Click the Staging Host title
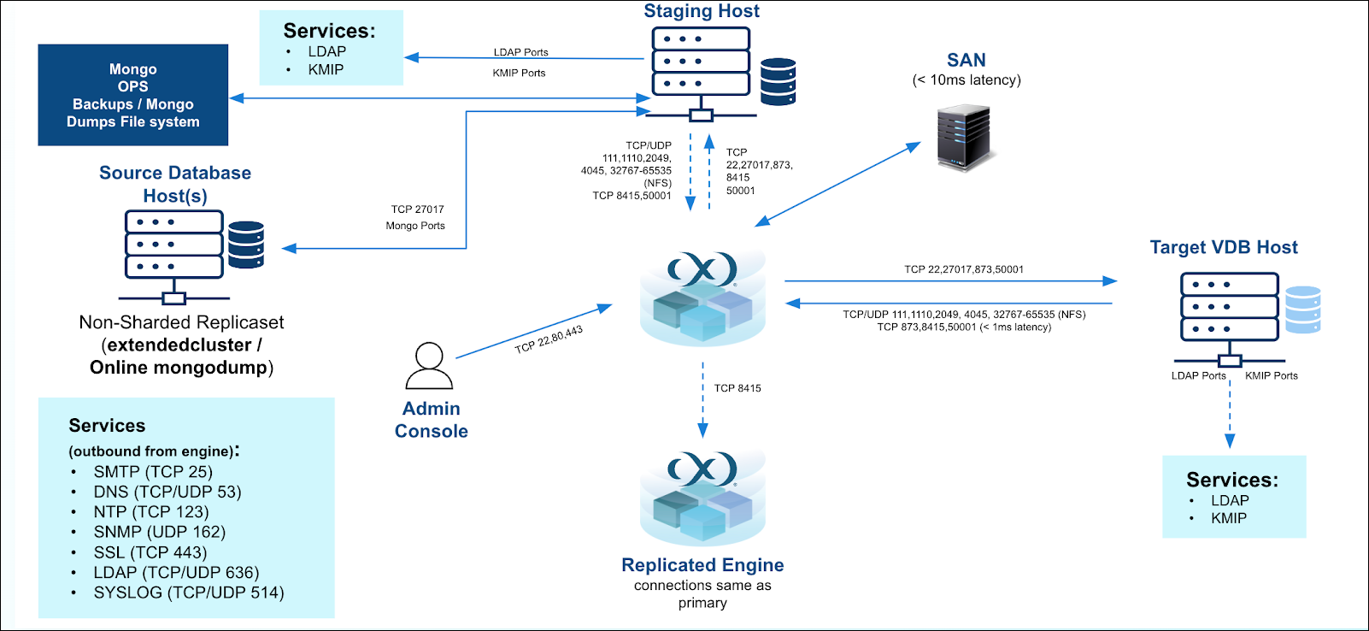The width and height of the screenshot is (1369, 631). tap(701, 11)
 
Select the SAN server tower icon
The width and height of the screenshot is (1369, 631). tap(963, 137)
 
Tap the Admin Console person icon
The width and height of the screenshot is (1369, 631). tap(429, 366)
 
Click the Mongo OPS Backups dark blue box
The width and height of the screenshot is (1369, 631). tap(133, 95)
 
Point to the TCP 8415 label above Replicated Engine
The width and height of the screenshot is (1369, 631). tap(737, 388)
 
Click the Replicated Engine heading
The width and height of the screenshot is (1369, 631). tap(702, 565)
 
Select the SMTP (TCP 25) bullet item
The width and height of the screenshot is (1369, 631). tap(153, 472)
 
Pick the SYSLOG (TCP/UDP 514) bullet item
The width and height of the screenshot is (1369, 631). tap(188, 593)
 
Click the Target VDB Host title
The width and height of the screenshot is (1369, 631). tap(1223, 248)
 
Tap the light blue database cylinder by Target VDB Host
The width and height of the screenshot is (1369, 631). tap(1302, 309)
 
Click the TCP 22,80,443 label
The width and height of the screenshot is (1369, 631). tap(549, 339)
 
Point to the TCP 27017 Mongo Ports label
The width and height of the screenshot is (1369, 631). tap(416, 217)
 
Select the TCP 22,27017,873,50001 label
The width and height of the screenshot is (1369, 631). tap(963, 269)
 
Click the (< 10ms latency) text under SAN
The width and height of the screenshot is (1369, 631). tap(966, 80)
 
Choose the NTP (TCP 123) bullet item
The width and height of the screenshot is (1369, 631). tap(150, 512)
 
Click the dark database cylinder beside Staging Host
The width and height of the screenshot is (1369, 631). tap(778, 81)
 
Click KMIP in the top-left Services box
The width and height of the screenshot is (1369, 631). tap(326, 70)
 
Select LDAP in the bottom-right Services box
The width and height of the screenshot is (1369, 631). tap(1229, 501)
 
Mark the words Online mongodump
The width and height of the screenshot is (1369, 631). tap(179, 368)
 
